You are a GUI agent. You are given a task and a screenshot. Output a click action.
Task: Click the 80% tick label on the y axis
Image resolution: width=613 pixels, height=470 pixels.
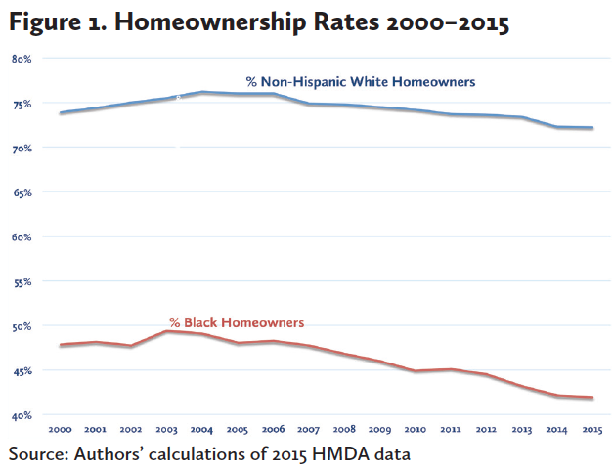tap(22, 59)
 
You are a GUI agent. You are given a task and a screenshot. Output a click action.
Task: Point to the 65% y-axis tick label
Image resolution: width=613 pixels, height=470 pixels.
tap(22, 192)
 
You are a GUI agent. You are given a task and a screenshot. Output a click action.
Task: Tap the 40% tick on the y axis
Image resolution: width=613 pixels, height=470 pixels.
tap(22, 415)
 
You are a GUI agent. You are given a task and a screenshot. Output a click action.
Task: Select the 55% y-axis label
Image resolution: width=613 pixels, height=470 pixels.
tap(22, 281)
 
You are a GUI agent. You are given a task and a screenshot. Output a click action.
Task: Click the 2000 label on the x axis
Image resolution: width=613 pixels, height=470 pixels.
tap(61, 429)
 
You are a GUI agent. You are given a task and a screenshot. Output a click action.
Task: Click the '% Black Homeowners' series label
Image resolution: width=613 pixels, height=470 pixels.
tap(237, 320)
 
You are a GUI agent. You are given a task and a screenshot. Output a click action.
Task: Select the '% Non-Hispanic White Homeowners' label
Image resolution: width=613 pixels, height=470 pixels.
tap(361, 82)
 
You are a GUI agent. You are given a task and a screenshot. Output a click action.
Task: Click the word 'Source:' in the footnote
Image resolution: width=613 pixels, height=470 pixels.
tap(40, 453)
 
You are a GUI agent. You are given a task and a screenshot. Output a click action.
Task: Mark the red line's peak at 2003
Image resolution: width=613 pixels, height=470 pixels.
tap(165, 331)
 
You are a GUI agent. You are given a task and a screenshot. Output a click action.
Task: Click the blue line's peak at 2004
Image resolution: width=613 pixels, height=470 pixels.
tap(200, 92)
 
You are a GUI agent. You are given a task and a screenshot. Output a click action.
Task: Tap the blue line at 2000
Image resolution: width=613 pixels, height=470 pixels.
tap(61, 113)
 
